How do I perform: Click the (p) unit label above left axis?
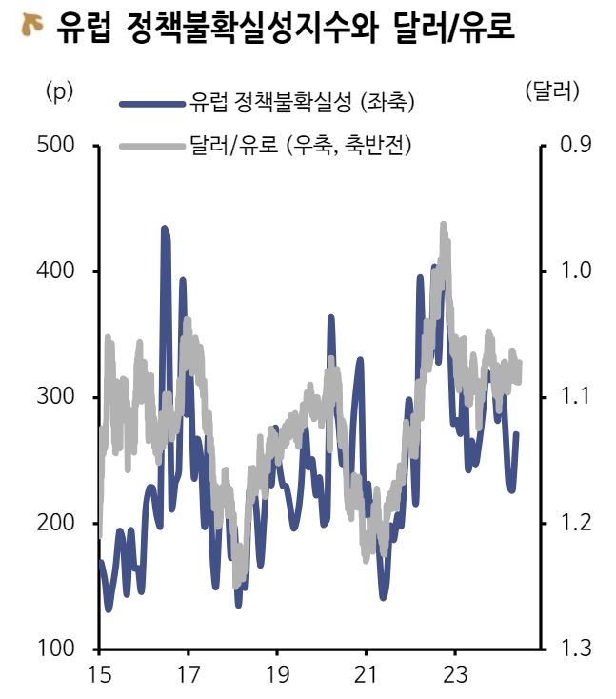coord(59,91)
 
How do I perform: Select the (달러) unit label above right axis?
coord(551,91)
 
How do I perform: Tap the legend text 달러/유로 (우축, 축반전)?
coord(300,145)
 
